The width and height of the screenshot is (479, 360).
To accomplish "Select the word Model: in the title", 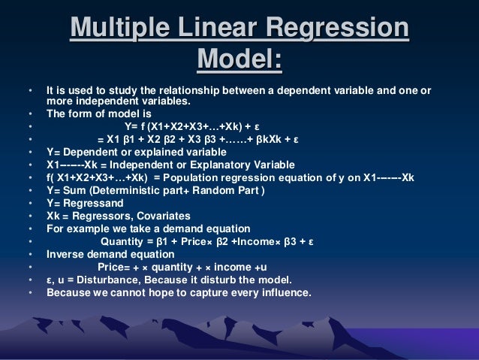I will pos(239,60).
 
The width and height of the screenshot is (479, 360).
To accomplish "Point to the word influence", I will pos(285,292).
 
